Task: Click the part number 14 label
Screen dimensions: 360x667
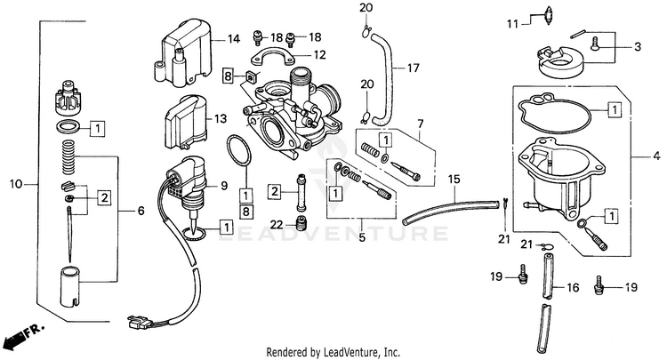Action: click(234, 39)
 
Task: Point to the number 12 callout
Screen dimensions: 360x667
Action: click(320, 54)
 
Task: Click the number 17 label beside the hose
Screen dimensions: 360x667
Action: click(413, 68)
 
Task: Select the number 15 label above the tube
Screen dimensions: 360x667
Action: click(454, 180)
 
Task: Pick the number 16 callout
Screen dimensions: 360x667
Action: click(573, 287)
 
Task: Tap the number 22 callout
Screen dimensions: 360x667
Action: click(277, 222)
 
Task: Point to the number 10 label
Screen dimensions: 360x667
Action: click(14, 184)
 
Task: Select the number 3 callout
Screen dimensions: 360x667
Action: click(637, 46)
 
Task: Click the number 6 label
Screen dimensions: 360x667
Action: click(141, 211)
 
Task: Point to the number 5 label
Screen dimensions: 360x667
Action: click(361, 237)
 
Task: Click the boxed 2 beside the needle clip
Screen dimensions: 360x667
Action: click(104, 196)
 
